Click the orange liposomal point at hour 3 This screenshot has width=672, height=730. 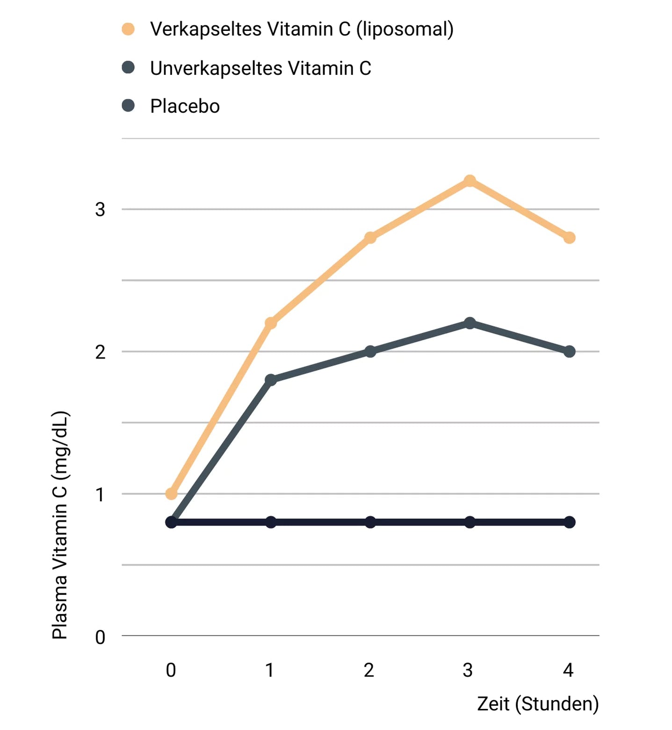(x=470, y=181)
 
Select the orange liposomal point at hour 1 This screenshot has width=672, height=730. (x=271, y=323)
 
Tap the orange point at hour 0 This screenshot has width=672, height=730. (x=172, y=494)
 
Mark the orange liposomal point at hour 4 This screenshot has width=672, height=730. (x=569, y=238)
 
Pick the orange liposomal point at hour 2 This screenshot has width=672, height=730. (x=370, y=238)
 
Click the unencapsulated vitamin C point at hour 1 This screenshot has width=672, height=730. (x=271, y=380)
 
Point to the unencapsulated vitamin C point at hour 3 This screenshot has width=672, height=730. (x=470, y=323)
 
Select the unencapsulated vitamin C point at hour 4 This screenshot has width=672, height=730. (x=569, y=351)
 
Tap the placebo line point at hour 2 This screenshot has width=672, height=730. (x=370, y=522)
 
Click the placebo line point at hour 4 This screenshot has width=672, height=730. (x=569, y=522)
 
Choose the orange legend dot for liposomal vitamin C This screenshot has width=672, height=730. (x=128, y=29)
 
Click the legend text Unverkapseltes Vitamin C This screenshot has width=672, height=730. (x=260, y=68)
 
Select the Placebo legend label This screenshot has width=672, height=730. (x=185, y=107)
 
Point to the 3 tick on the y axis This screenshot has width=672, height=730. (x=100, y=209)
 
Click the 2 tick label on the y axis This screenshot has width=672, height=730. (x=100, y=352)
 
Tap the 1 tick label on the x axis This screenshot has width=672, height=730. (x=270, y=671)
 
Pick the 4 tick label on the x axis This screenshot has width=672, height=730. (x=568, y=671)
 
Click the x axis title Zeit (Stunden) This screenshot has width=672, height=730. (x=538, y=704)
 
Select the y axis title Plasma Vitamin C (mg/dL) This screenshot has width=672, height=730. (x=60, y=525)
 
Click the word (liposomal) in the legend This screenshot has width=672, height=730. (x=405, y=29)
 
